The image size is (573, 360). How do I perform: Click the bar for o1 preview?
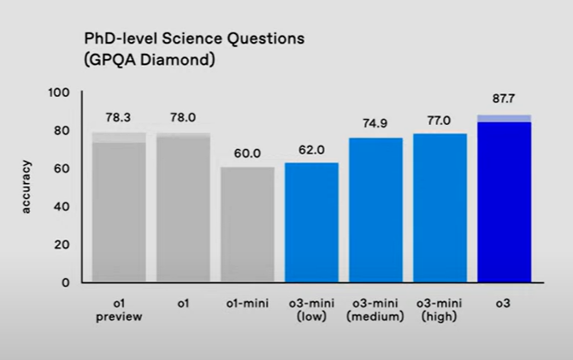(119, 210)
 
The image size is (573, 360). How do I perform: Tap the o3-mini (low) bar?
(311, 221)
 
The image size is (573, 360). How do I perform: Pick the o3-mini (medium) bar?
(375, 210)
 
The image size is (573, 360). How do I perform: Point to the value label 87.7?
(504, 99)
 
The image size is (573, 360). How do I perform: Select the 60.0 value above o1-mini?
(247, 154)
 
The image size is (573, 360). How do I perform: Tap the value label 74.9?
(375, 123)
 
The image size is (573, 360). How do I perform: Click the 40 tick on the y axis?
(63, 206)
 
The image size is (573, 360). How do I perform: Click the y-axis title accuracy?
(27, 186)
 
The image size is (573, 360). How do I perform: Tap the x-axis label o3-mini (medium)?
(375, 309)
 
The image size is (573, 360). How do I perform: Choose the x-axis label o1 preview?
(119, 309)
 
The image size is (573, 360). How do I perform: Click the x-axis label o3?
(504, 303)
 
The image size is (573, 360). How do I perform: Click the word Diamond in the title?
(178, 61)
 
